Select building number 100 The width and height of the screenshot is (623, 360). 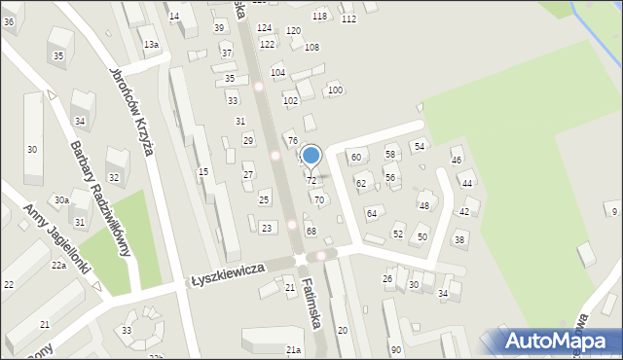coord(335,90)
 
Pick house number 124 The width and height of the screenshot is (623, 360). coord(264,28)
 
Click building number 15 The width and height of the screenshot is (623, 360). coord(203,172)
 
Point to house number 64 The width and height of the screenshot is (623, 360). coord(371,213)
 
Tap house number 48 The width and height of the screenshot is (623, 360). coord(423,206)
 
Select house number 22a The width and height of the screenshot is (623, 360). coord(58,266)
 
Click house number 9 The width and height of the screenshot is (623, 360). coord(612,211)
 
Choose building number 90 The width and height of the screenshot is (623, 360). coord(395,349)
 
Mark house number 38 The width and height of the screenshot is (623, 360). coord(459,239)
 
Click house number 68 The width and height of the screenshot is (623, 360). coord(311,231)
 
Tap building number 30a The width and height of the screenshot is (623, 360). coord(61,200)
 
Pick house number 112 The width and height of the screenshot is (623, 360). coord(348,19)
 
